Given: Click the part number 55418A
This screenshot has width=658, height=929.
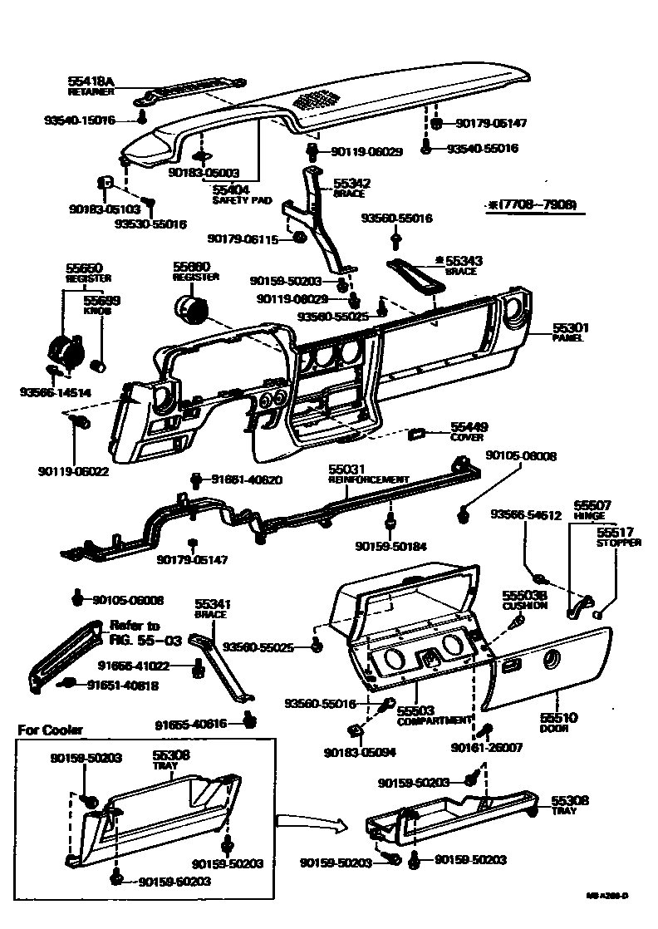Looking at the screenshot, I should (x=91, y=80).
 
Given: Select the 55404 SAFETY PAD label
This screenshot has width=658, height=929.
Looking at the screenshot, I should (x=233, y=194).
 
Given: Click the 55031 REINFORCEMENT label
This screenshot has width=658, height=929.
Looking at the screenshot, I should (x=368, y=474).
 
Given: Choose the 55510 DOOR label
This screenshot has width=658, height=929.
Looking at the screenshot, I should (x=558, y=720).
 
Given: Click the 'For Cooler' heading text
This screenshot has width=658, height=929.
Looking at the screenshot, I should (x=51, y=730).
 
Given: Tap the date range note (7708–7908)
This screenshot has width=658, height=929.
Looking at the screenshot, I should (x=532, y=204).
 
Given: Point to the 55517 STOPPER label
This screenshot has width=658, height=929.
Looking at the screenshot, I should (x=618, y=537).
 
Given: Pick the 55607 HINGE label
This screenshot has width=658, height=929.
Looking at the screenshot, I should (x=592, y=509).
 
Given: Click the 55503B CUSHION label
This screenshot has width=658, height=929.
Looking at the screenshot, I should (x=524, y=600).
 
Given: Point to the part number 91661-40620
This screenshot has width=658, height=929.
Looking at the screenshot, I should (x=246, y=479).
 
